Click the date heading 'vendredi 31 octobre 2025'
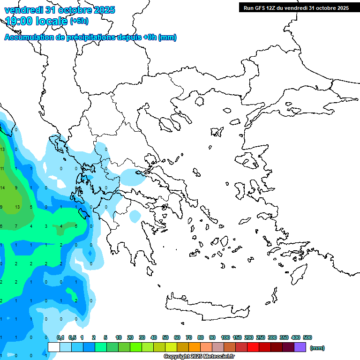click(60, 10)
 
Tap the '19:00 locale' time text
click(36, 21)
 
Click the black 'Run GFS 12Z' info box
click(296, 7)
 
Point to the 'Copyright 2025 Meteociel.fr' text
click(199, 357)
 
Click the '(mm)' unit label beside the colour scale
click(317, 348)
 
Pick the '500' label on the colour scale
click(307, 337)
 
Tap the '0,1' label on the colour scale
click(60, 337)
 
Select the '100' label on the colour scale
click(225, 337)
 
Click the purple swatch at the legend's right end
click(300, 347)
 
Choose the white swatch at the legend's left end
click(54, 347)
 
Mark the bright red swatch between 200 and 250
click(253, 347)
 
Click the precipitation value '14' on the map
click(2, 188)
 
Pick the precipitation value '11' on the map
click(2, 169)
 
